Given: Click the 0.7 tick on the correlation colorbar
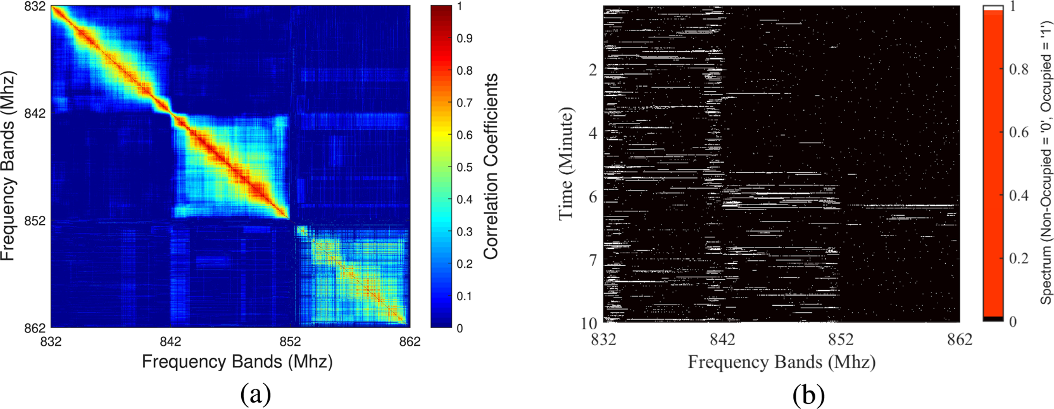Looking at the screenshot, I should (x=464, y=103).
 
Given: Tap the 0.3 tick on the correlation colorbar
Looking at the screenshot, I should (x=464, y=232).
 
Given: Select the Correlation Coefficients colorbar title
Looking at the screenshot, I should (x=491, y=166).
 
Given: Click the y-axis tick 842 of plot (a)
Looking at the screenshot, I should (x=35, y=113).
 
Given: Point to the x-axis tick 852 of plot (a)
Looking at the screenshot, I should (x=290, y=342).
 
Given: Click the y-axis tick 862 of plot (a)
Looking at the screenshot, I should (x=35, y=328).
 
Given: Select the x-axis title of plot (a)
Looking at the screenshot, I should (x=237, y=362).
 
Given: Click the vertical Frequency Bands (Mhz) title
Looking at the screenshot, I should (x=8, y=166).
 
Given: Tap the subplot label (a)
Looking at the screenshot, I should (x=256, y=394).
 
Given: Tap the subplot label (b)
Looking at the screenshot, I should (x=808, y=394).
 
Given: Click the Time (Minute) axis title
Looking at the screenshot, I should (x=567, y=163).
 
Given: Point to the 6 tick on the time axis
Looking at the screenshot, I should (x=593, y=197).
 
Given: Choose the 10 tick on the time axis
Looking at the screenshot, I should (x=589, y=323).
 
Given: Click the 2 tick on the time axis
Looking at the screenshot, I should (x=593, y=70).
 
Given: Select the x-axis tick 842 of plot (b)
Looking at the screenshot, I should (x=722, y=340).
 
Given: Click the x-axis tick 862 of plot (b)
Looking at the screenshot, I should (x=960, y=340).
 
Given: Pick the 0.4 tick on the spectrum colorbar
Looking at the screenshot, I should (x=1019, y=196).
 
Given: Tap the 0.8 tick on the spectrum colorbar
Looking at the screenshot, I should (x=1019, y=69).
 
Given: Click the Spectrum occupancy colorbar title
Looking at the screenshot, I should (x=1045, y=164).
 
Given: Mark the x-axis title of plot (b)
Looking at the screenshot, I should (x=782, y=362).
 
